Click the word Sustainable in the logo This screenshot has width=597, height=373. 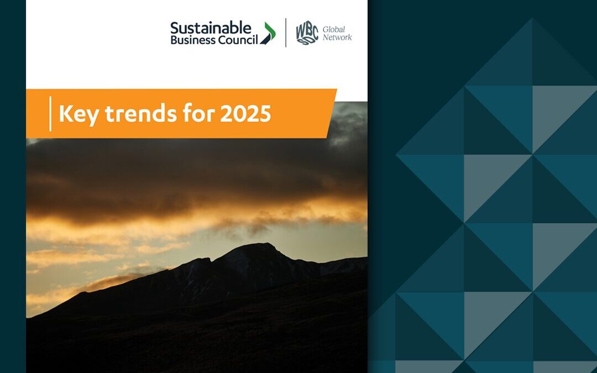coord(211,28)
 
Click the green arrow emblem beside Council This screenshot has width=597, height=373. coord(268,34)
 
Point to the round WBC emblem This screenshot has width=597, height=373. coord(307,33)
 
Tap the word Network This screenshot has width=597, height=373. coord(337,38)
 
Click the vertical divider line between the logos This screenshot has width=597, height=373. coord(286,33)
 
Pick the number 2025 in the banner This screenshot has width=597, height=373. coord(245,113)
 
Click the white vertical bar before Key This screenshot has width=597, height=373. coord(50,114)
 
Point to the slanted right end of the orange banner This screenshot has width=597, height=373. coord(331,113)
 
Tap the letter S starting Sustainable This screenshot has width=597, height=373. coord(175,28)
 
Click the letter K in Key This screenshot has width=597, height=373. coord(65,113)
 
